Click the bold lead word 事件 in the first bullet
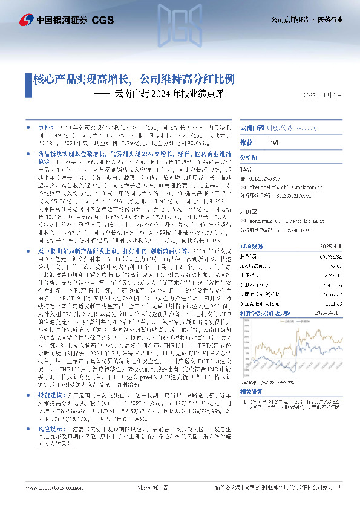coord(45,129)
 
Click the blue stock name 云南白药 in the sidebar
coord(252,129)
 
